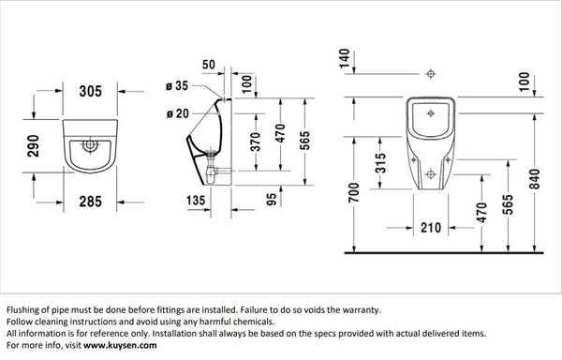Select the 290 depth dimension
tap(34, 149)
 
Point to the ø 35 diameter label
tap(177, 85)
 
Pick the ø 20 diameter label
tap(177, 114)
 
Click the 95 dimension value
tap(271, 199)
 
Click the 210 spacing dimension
tap(431, 227)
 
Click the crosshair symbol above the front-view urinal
tap(430, 72)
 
